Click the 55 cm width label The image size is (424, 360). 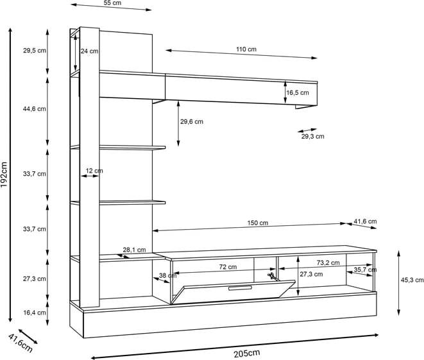pyautogui.click(x=112, y=3)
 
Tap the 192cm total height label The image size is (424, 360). pyautogui.click(x=4, y=175)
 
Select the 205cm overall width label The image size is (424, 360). pyautogui.click(x=246, y=353)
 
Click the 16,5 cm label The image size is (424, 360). pyautogui.click(x=298, y=93)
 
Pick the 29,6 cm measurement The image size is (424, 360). pyautogui.click(x=191, y=121)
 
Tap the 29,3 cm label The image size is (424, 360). pyautogui.click(x=313, y=136)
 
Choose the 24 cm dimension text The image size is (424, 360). pyautogui.click(x=90, y=51)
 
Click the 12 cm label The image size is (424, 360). pyautogui.click(x=94, y=171)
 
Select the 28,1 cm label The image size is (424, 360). pyautogui.click(x=134, y=250)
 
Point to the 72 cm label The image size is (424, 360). pyautogui.click(x=228, y=267)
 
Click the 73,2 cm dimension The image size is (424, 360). pyautogui.click(x=328, y=263)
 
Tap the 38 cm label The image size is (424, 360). pyautogui.click(x=163, y=276)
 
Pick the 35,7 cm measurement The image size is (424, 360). pyautogui.click(x=362, y=270)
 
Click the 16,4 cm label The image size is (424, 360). pyautogui.click(x=34, y=313)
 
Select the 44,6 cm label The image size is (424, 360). pyautogui.click(x=34, y=108)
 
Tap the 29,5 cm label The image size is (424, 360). pyautogui.click(x=34, y=51)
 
